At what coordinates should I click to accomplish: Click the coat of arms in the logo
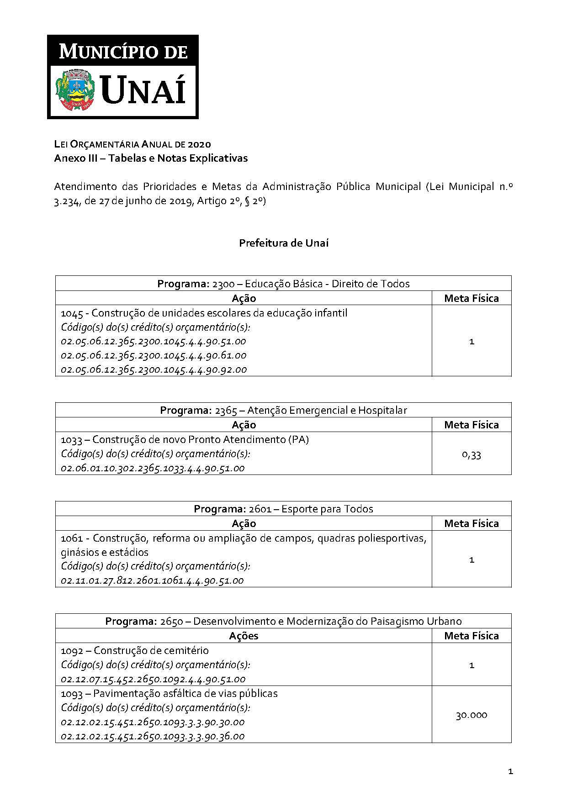pos(74,89)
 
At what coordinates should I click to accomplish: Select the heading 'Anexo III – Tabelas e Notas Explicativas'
pos(151,158)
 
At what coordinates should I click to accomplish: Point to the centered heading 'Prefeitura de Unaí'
pos(283,243)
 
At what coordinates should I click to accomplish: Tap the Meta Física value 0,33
pos(472,454)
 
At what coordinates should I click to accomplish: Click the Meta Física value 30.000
pos(472,715)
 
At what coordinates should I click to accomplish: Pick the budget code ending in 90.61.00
pos(154,355)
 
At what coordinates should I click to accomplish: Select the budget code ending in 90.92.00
pos(154,369)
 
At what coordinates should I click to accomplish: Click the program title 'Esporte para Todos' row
pos(283,509)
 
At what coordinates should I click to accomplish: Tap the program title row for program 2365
pos(283,410)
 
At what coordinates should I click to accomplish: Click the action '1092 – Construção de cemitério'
pos(135,650)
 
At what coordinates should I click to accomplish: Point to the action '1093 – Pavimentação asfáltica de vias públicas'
pos(169,693)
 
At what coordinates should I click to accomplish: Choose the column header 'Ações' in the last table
pos(244,636)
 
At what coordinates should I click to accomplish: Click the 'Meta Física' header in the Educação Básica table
pos(472,298)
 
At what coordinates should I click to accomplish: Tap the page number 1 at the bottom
pos(510,772)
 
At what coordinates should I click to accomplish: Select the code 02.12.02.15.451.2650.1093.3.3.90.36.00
pos(153,736)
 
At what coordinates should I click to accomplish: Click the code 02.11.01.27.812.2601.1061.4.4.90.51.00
pos(152,580)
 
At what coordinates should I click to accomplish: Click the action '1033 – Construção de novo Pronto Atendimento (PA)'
pos(185,439)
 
